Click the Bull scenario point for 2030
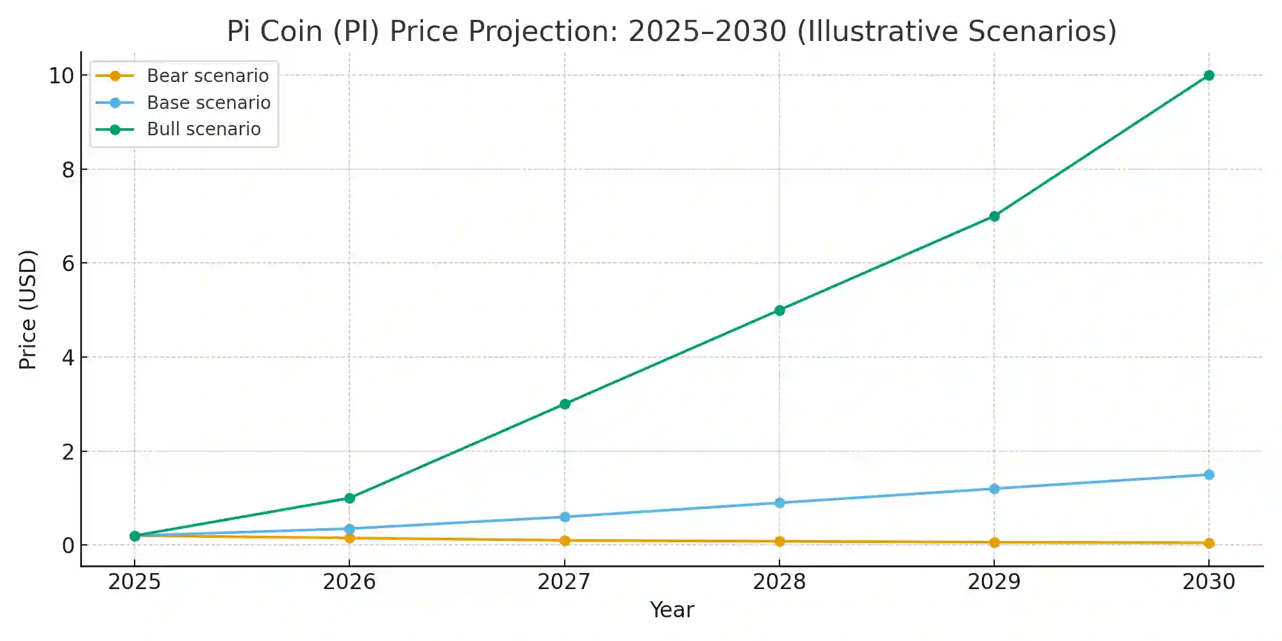click(1209, 76)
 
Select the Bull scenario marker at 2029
click(994, 216)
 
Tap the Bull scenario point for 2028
click(779, 310)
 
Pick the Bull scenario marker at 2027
click(565, 404)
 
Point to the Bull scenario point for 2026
click(349, 498)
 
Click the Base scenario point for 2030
click(1209, 475)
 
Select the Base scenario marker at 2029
click(994, 489)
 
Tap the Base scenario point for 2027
click(565, 517)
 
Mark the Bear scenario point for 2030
click(1209, 543)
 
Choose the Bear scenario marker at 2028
click(779, 541)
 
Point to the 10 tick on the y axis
click(62, 76)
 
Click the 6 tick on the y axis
click(68, 263)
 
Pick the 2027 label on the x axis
click(564, 582)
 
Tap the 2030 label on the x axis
click(1209, 582)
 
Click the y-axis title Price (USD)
click(28, 310)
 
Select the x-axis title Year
click(672, 610)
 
